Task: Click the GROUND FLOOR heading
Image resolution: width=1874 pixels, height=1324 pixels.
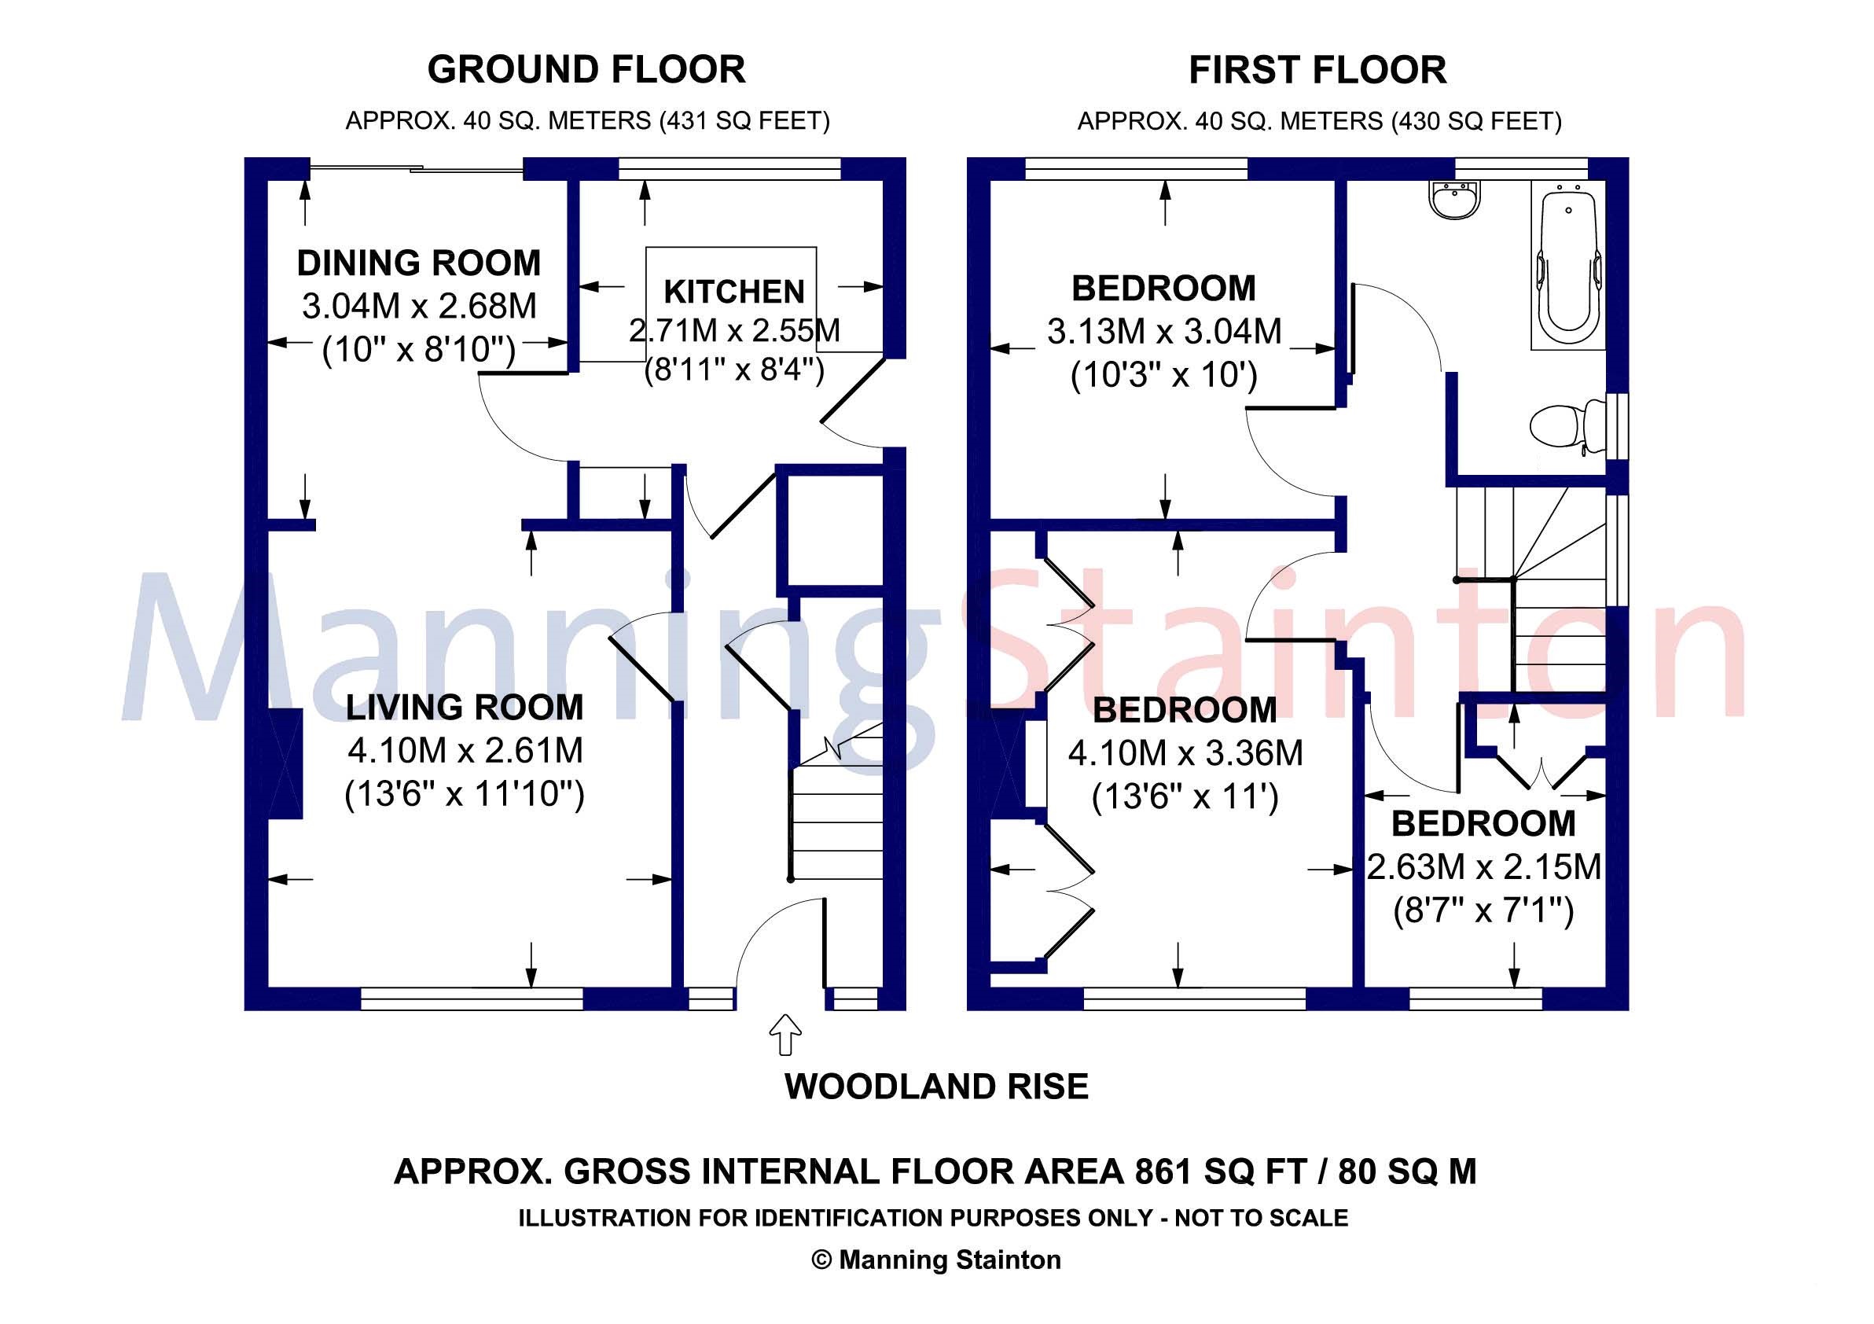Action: point(586,70)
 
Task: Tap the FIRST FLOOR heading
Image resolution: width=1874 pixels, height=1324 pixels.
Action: point(1317,70)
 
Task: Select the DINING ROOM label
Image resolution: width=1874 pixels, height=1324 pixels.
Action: point(419,263)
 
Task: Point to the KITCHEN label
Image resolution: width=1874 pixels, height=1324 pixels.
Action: point(733,292)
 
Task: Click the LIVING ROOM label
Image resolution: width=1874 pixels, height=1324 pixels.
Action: point(465,708)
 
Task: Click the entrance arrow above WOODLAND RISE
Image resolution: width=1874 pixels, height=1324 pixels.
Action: point(785,1034)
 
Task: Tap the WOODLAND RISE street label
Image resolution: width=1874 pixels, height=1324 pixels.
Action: point(936,1087)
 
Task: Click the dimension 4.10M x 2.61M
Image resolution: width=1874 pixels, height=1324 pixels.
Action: point(465,751)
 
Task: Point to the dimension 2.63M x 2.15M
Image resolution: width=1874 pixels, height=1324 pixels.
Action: point(1484,867)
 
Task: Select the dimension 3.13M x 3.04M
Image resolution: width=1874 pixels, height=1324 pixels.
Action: point(1164,332)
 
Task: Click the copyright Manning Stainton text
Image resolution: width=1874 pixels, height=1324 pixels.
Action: point(936,1260)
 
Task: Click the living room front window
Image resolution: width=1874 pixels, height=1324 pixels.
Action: point(472,999)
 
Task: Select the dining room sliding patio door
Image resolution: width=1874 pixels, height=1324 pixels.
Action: point(417,169)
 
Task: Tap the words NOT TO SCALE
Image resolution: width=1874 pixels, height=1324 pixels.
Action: point(1261,1219)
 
